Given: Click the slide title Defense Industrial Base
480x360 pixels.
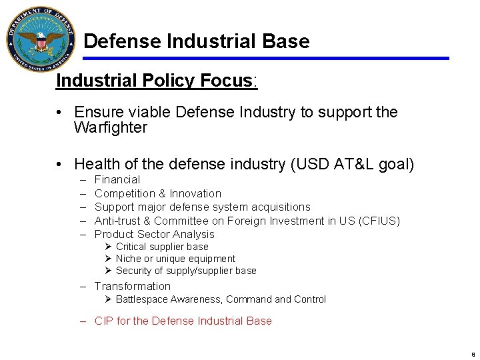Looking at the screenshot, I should [197, 41].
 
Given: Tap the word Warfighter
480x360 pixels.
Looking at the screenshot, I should [111, 127].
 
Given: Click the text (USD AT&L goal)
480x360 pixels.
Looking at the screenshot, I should [353, 164].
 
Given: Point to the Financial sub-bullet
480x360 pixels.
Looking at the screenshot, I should [117, 180].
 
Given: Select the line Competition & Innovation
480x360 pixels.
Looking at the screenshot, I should [158, 193].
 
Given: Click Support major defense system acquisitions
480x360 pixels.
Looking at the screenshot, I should [203, 207].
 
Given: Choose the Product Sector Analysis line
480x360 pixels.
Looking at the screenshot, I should [155, 234].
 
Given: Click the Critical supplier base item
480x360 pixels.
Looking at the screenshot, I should [162, 247].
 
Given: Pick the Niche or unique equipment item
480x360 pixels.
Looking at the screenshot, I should [175, 259].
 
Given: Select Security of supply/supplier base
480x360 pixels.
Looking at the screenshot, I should [186, 271].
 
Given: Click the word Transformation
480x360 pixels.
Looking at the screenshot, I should [133, 286].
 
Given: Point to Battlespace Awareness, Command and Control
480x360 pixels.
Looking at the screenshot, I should [221, 299].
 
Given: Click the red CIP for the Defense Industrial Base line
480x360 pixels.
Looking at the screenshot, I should [183, 321].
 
